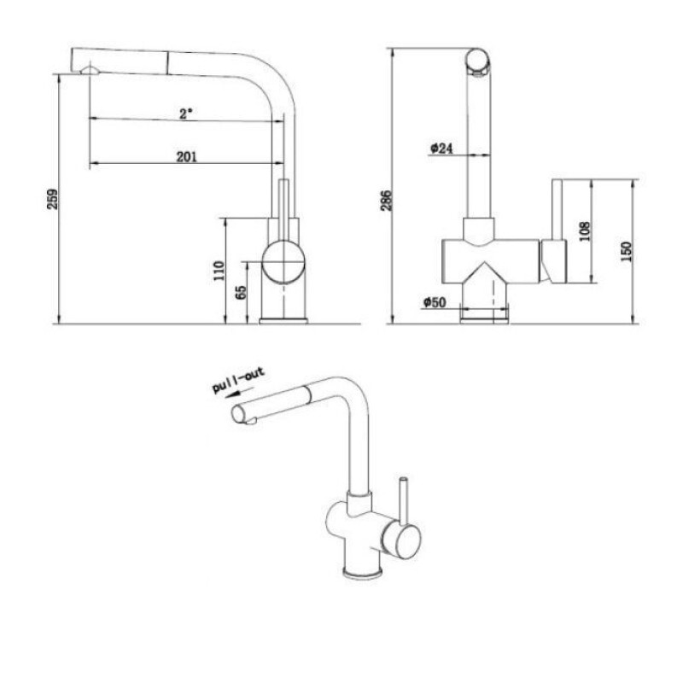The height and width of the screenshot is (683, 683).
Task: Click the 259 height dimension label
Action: [53, 199]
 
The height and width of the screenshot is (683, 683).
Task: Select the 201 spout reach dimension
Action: [186, 156]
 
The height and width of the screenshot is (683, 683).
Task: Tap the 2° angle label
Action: [186, 114]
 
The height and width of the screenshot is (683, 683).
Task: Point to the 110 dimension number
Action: [219, 270]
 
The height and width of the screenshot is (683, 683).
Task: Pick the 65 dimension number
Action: [241, 292]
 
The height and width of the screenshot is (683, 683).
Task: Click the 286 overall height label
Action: [387, 200]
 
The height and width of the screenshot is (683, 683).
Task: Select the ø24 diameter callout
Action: [441, 148]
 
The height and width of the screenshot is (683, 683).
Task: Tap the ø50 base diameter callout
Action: [435, 302]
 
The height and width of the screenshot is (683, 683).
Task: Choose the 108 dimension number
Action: [586, 231]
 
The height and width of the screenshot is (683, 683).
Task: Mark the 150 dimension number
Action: [627, 251]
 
